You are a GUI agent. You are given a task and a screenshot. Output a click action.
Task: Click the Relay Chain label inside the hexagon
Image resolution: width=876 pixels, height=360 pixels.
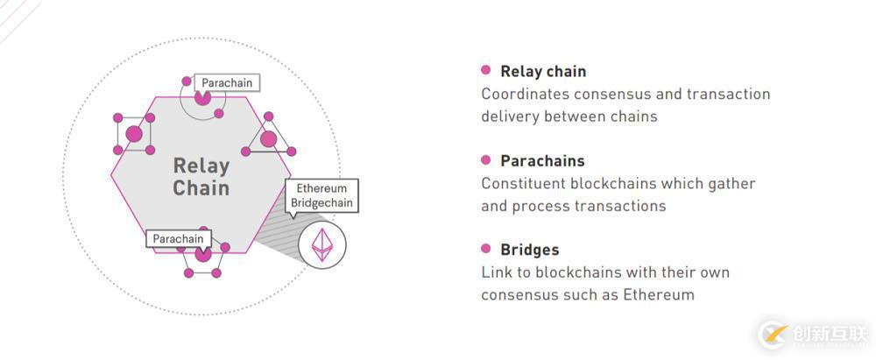coord(201,177)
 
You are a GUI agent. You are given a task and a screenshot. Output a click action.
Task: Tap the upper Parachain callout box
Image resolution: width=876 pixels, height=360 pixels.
coord(227,83)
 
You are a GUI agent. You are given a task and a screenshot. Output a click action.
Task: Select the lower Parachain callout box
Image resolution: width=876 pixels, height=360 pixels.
coord(178,239)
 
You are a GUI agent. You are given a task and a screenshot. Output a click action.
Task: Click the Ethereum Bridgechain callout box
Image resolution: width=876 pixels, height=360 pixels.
coord(321,195)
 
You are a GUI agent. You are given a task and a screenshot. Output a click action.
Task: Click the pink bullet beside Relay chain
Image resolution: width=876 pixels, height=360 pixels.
coord(486,70)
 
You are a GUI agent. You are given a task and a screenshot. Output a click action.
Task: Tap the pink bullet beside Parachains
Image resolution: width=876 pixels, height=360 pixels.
coord(486,159)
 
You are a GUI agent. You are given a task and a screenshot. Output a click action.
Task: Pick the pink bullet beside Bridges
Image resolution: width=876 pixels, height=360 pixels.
coord(486,249)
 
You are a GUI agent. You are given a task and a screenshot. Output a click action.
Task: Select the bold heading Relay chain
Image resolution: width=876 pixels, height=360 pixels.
coord(543,72)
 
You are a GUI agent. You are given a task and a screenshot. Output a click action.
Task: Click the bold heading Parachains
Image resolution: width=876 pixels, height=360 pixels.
coord(542,161)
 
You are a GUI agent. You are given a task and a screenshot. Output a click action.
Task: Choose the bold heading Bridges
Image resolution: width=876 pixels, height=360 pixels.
coord(529,251)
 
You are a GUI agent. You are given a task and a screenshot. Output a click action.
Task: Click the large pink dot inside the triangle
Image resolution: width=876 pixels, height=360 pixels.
coord(268,138)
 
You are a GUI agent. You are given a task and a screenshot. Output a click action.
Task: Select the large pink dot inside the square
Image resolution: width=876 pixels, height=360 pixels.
coord(133,134)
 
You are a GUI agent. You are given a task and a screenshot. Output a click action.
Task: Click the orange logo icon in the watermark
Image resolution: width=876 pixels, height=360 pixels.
coord(774,334)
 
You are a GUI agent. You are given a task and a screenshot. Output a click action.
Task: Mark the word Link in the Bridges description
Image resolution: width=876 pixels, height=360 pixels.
coord(496,272)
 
